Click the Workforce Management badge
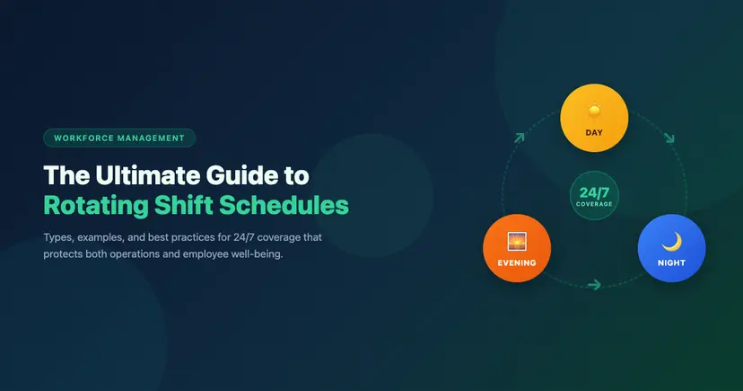click(x=119, y=138)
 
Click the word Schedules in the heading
click(x=293, y=205)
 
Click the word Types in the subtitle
click(x=61, y=237)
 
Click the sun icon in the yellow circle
click(x=594, y=112)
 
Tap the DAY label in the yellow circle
click(x=594, y=133)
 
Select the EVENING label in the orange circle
click(x=516, y=263)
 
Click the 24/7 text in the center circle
click(x=594, y=191)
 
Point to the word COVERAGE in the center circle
click(x=594, y=204)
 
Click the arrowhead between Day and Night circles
click(x=669, y=138)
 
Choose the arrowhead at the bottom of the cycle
click(x=593, y=286)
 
